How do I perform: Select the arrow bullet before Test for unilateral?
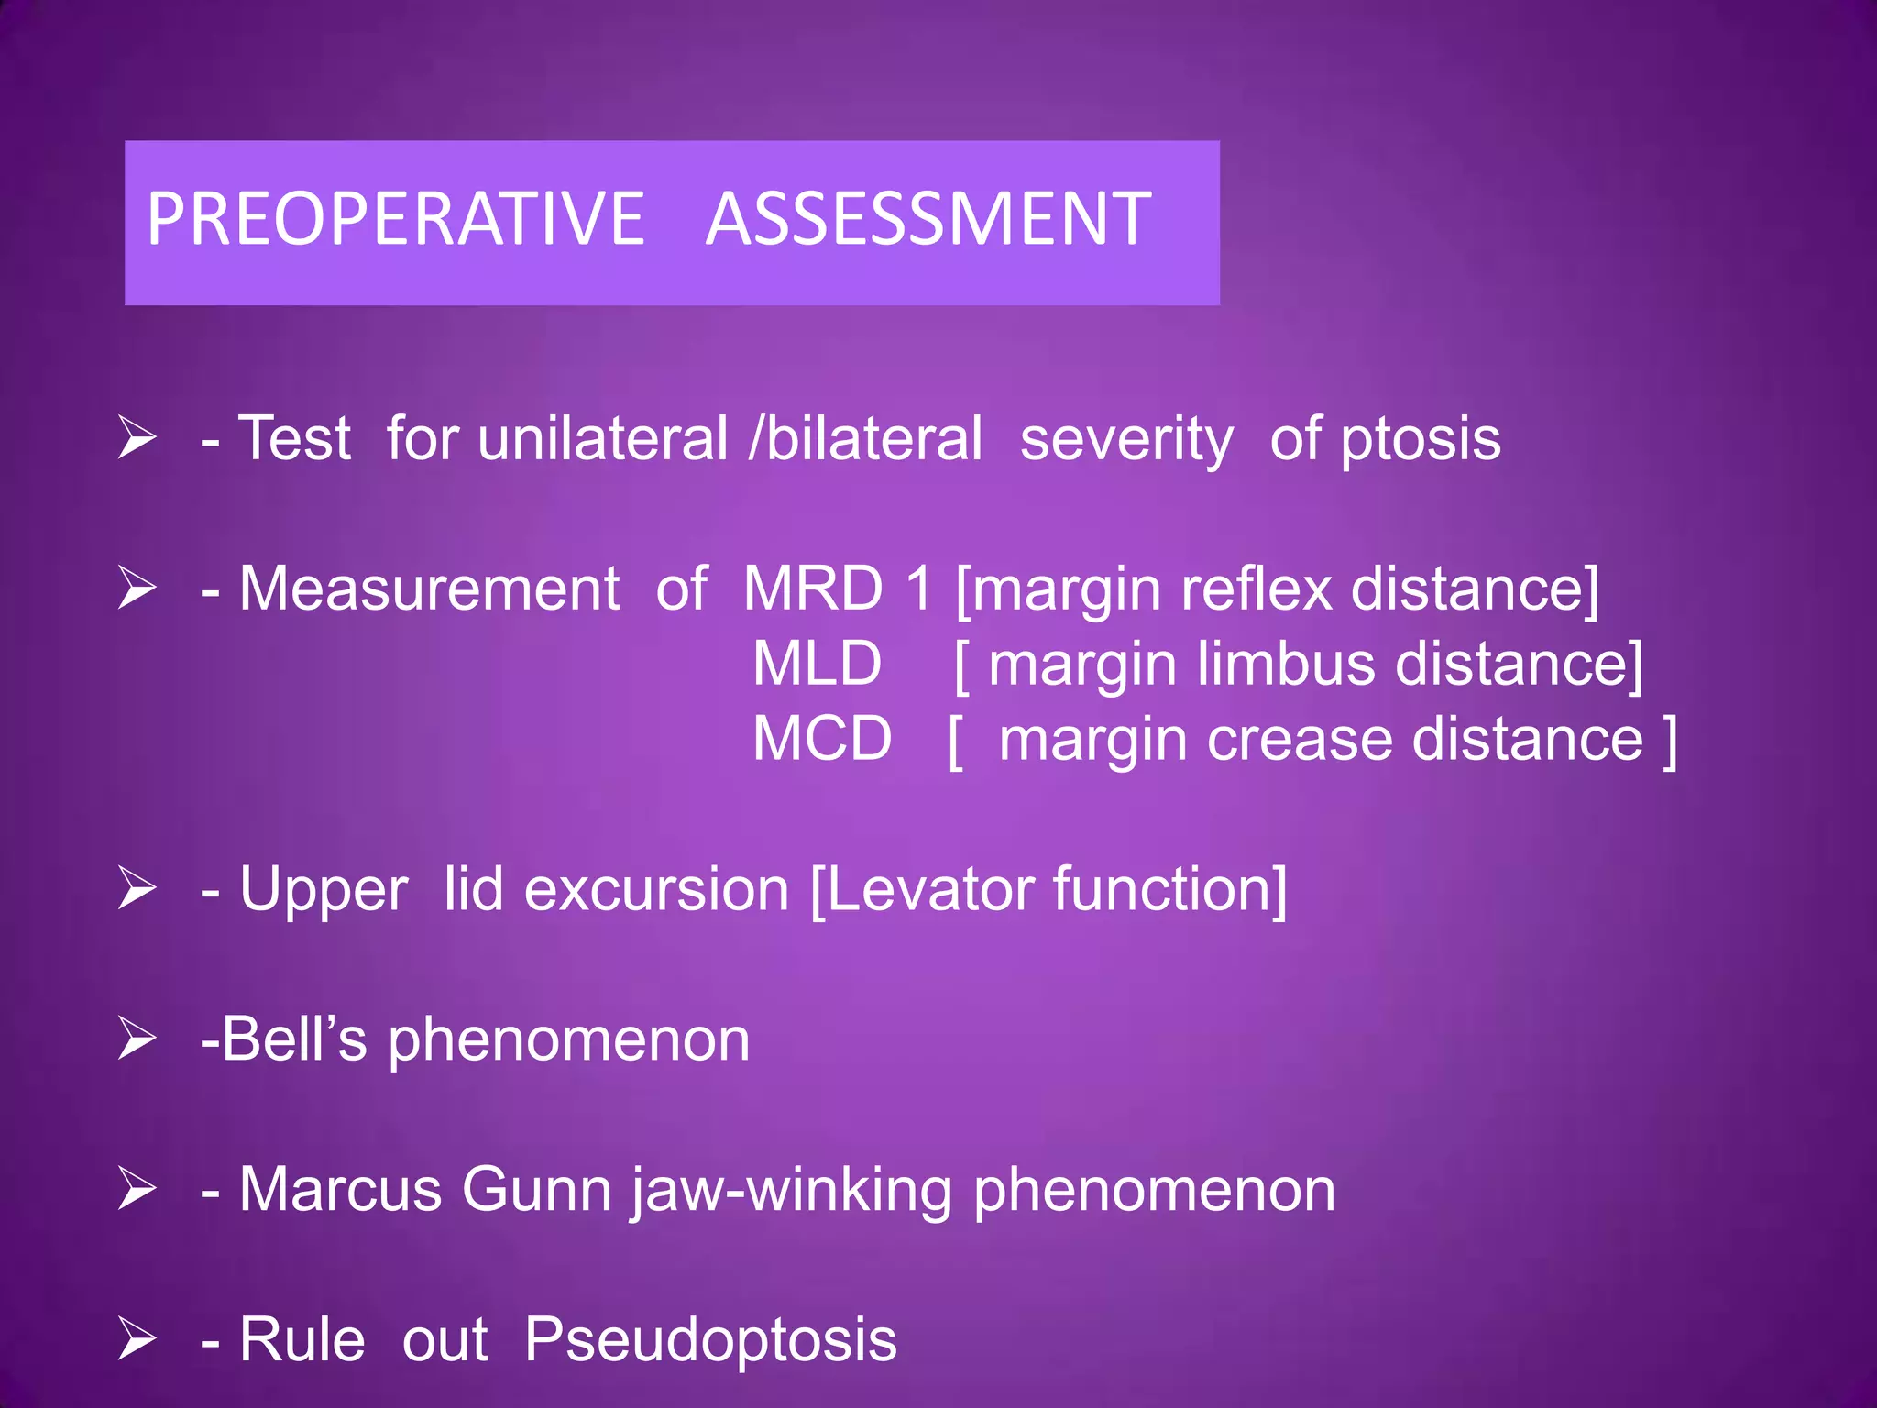(137, 437)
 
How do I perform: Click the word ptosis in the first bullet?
(1421, 440)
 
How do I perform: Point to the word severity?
(1126, 440)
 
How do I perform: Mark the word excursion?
(656, 890)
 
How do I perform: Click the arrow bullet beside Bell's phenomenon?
(137, 1039)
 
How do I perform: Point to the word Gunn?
(536, 1190)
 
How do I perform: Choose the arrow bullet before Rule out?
(137, 1339)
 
